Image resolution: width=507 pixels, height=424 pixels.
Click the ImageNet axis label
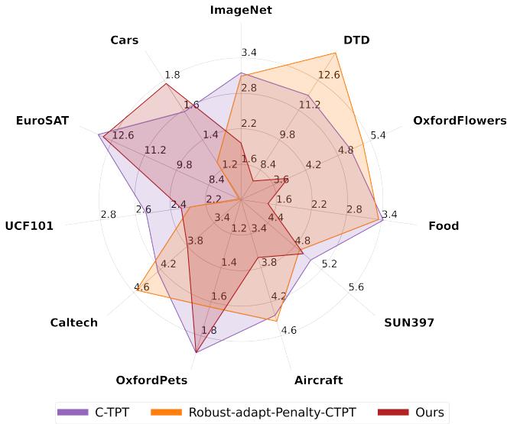pyautogui.click(x=241, y=10)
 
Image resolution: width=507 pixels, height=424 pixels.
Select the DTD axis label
pyautogui.click(x=356, y=40)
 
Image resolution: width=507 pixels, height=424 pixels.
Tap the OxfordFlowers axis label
pyautogui.click(x=460, y=121)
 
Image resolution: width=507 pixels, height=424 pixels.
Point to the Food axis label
pyautogui.click(x=444, y=226)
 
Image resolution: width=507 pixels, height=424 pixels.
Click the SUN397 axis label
pyautogui.click(x=408, y=323)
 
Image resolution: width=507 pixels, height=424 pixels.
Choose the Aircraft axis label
pyautogui.click(x=319, y=380)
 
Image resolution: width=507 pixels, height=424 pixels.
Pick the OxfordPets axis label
pyautogui.click(x=151, y=380)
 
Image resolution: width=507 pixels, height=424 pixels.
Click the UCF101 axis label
pyautogui.click(x=29, y=226)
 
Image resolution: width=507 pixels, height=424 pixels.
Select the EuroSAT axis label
pyautogui.click(x=42, y=121)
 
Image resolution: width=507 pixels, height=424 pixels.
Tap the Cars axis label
pyautogui.click(x=124, y=40)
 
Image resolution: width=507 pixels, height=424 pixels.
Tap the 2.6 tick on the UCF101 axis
pyautogui.click(x=143, y=209)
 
